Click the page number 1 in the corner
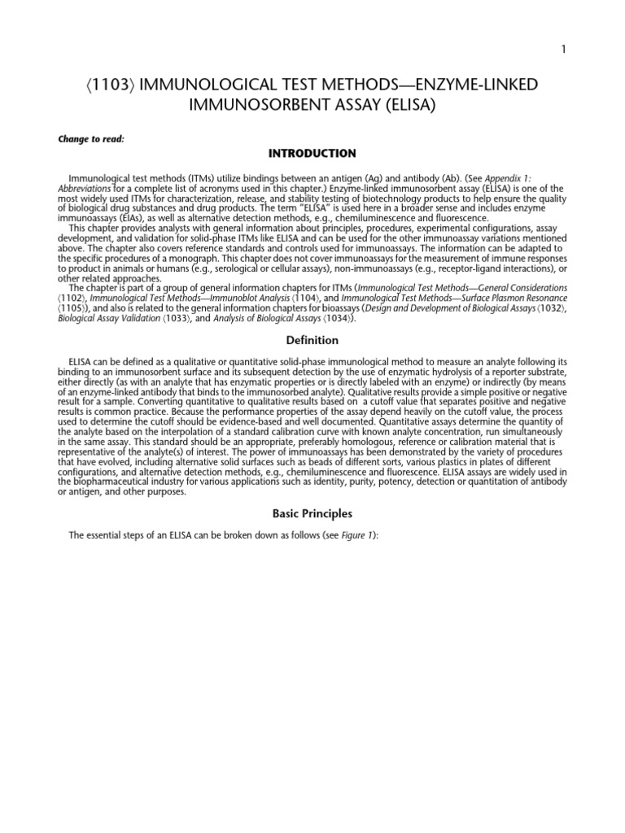(562, 50)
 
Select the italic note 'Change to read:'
(90, 139)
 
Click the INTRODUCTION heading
(312, 153)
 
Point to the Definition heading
(312, 340)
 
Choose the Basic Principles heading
(312, 514)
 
